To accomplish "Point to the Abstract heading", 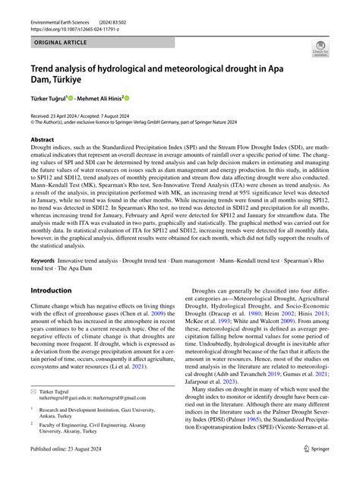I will click(42, 140).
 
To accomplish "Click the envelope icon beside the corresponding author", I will click(34, 411).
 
